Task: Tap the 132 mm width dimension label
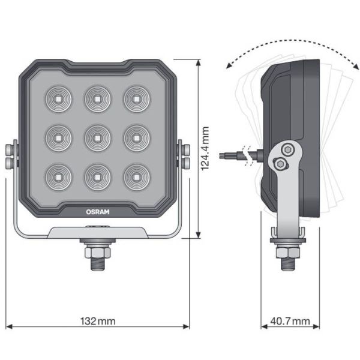[x=98, y=321]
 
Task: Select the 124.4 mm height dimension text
[x=205, y=148]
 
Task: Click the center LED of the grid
[x=96, y=137]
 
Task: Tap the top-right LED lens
[x=136, y=98]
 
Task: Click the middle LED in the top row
[x=96, y=98]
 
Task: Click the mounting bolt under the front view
[x=98, y=254]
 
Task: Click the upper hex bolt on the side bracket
[x=287, y=149]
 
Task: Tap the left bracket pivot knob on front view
[x=10, y=155]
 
